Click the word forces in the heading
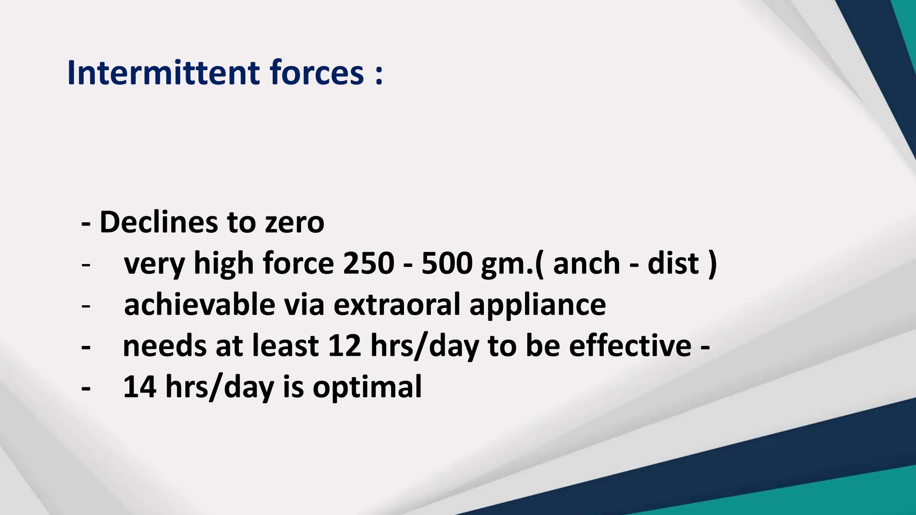(317, 72)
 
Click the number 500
(447, 263)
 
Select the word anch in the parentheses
(586, 263)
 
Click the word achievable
(199, 304)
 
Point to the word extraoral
(397, 304)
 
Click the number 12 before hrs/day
(344, 346)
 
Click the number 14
(140, 387)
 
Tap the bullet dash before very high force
(86, 265)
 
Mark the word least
(285, 346)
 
